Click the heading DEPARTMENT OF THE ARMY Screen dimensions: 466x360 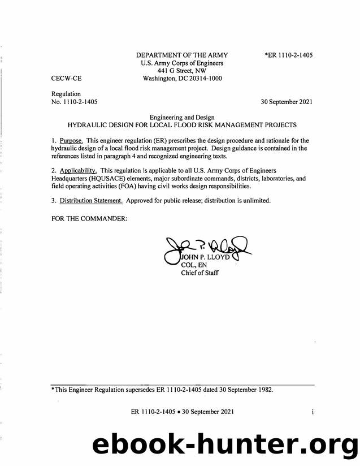coord(182,55)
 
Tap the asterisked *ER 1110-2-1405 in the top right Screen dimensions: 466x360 coord(288,55)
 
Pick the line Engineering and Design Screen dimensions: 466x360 coord(182,115)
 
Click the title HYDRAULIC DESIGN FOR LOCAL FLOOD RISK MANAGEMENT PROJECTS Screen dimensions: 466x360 coord(182,124)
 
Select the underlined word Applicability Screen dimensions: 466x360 coord(79,170)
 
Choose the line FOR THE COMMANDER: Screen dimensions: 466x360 coord(85,218)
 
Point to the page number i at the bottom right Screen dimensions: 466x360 coord(312,412)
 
